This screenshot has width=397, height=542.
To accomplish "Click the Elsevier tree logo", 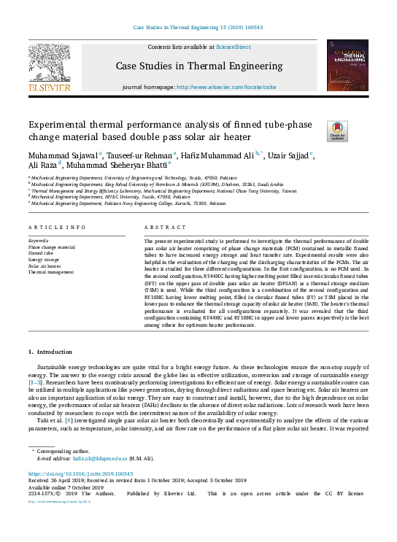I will pos(49,69).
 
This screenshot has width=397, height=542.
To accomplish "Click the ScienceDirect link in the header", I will pos(234,47).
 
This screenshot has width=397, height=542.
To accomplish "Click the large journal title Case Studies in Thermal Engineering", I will pos(198,68).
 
